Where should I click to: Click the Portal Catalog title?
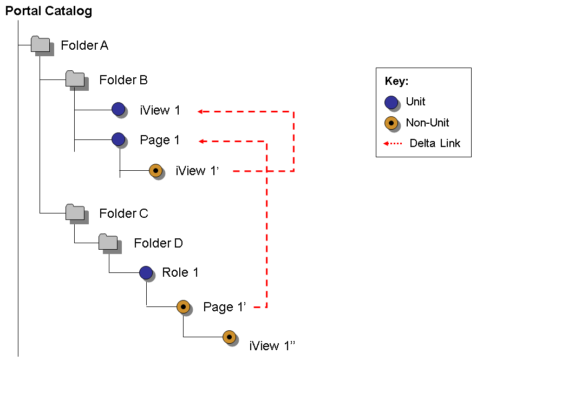tap(48, 11)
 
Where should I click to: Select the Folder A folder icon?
tap(40, 44)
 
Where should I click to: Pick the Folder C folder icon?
tap(75, 212)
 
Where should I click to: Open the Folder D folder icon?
tap(108, 242)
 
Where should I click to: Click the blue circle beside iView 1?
tap(118, 109)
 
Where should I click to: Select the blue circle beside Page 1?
tap(118, 139)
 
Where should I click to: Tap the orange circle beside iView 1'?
tap(155, 171)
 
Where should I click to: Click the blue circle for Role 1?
tap(146, 272)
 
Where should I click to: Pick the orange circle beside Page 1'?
tap(183, 306)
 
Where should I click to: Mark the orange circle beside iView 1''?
tap(229, 337)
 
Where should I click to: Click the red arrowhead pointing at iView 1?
tap(200, 112)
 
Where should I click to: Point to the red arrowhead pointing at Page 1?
tap(201, 142)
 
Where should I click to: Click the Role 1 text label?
tap(180, 272)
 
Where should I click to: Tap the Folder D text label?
tap(158, 243)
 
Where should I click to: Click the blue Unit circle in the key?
tap(391, 102)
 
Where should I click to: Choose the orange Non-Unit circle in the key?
tap(391, 123)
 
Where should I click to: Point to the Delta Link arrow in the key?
tap(393, 144)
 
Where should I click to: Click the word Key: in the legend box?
tap(396, 82)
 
